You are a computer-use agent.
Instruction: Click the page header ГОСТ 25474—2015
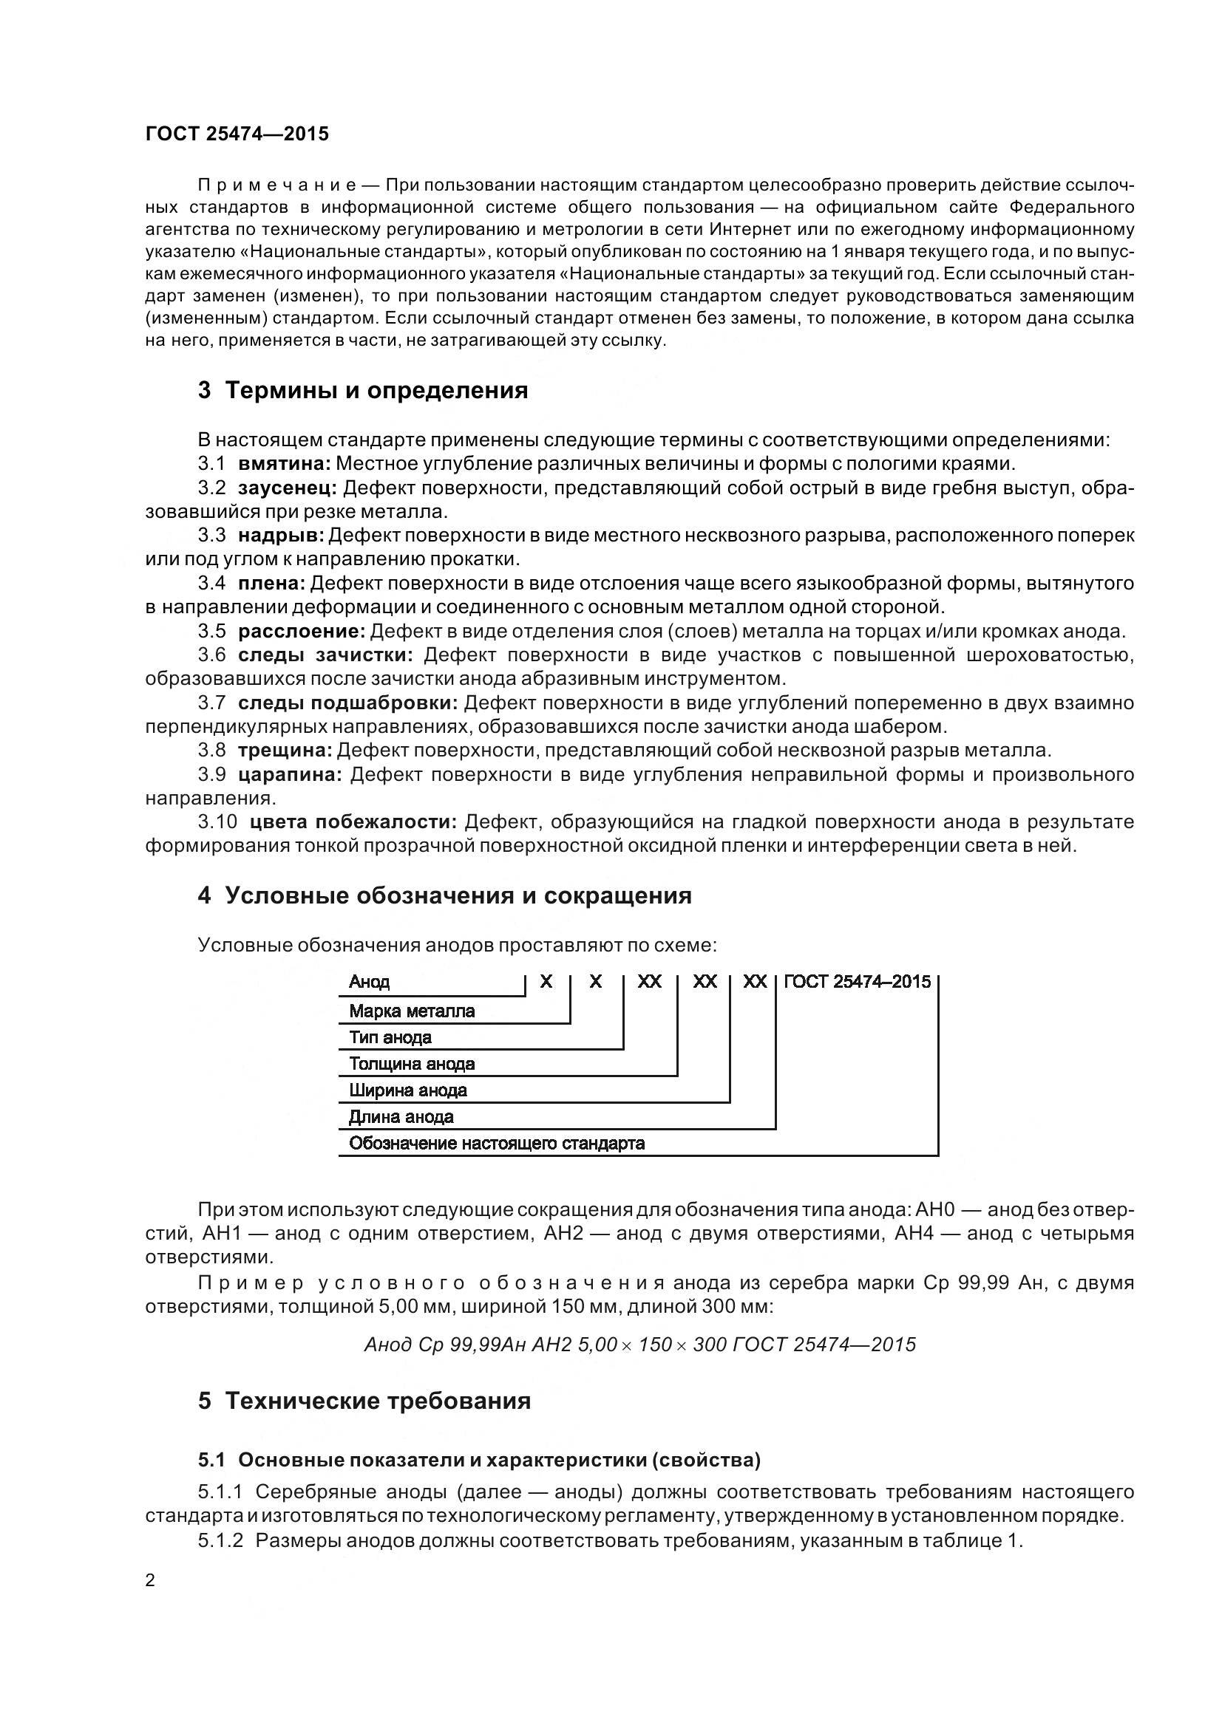237,134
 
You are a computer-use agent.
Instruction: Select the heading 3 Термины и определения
363,391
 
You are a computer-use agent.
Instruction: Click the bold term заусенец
288,488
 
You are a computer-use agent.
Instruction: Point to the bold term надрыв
281,535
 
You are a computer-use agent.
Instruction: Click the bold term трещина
285,751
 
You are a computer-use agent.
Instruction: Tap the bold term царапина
290,774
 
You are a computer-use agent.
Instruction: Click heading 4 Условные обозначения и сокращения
445,895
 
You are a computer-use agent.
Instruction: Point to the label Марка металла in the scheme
412,1011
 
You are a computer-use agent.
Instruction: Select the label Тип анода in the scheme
390,1038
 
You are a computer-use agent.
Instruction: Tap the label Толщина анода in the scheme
412,1064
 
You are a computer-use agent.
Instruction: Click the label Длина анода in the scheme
401,1117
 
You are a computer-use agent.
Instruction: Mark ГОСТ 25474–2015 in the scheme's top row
858,981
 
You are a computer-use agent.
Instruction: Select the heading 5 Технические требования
364,1401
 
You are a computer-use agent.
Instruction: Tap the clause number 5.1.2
220,1540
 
